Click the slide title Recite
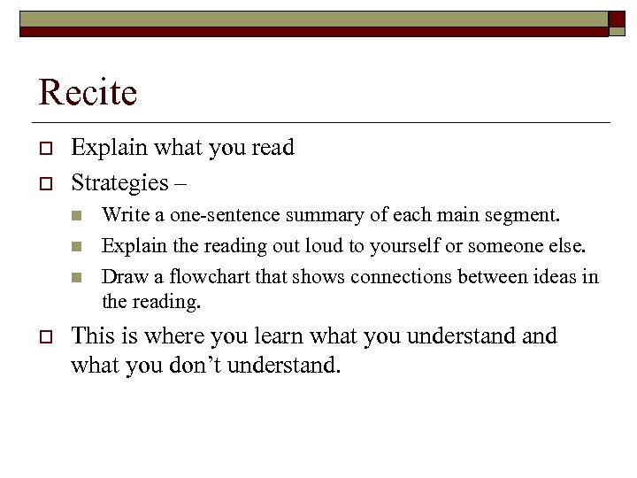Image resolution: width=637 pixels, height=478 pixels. [88, 93]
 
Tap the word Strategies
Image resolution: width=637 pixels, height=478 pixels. [119, 183]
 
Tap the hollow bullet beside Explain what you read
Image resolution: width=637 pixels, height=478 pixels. [44, 149]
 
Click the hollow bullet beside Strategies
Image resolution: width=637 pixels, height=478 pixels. [44, 184]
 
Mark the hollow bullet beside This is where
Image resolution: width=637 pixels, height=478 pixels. [44, 337]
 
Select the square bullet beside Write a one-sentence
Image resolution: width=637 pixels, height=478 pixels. [77, 216]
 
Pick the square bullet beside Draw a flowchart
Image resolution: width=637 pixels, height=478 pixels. [77, 278]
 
